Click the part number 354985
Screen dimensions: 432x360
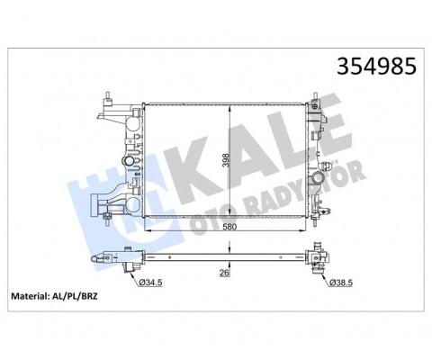pos(376,66)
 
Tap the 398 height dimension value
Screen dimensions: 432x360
pos(226,162)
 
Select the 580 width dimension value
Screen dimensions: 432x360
pos(229,227)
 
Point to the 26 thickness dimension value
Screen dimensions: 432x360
pos(224,273)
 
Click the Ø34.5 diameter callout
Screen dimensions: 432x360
pos(150,282)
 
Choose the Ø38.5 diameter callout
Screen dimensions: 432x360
pos(341,283)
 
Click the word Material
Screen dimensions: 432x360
pos(29,296)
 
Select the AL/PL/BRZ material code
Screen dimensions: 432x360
pos(74,296)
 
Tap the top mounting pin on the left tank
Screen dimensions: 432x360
pos(108,96)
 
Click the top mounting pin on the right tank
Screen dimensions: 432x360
pos(315,97)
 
